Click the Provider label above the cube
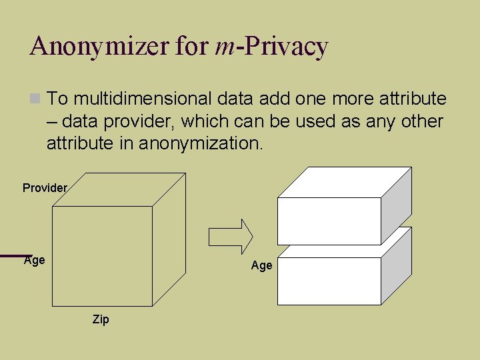click(45, 188)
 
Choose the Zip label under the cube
click(101, 320)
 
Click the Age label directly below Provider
click(35, 260)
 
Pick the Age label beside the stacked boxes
click(261, 265)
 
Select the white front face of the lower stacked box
click(329, 281)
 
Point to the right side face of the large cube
click(169, 247)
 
